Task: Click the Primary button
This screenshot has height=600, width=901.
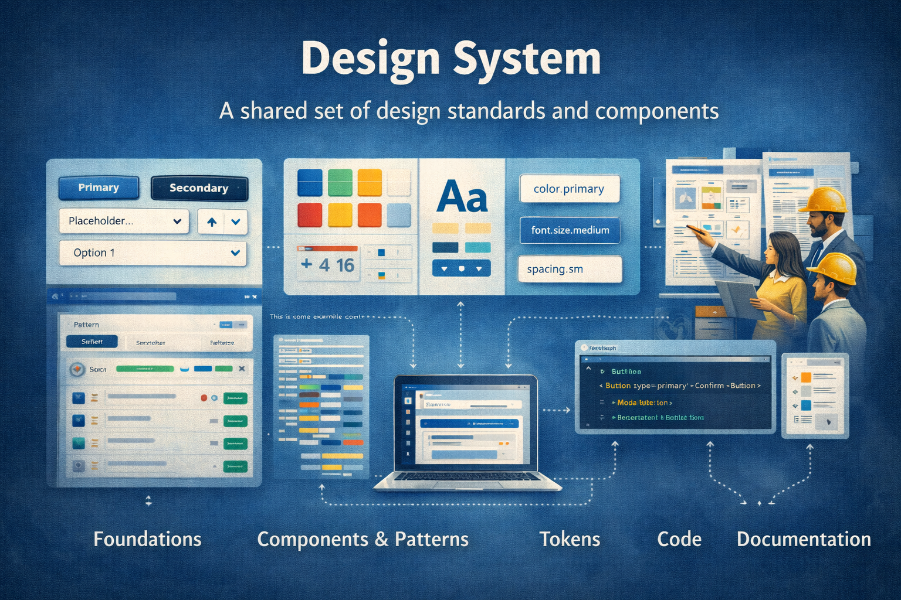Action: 99,187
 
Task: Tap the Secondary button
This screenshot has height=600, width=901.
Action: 199,188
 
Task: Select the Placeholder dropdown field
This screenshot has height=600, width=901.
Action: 124,221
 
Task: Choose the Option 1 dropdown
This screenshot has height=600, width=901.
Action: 153,253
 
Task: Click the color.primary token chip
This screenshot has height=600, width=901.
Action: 569,189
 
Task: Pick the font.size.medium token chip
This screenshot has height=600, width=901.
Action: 570,230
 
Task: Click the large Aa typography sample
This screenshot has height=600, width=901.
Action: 462,197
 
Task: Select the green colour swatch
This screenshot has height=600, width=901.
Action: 340,182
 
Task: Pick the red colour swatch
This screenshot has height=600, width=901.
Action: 310,215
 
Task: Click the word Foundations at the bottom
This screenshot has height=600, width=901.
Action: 147,539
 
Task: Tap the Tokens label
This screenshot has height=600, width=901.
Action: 570,539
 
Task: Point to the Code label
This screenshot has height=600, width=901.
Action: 679,539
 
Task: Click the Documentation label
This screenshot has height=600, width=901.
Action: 804,539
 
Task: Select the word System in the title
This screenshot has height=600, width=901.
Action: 527,59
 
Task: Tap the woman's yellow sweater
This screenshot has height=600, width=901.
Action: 783,299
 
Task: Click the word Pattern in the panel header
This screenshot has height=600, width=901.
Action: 86,325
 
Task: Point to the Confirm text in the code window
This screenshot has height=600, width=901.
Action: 709,386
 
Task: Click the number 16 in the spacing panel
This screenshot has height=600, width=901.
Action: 345,265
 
